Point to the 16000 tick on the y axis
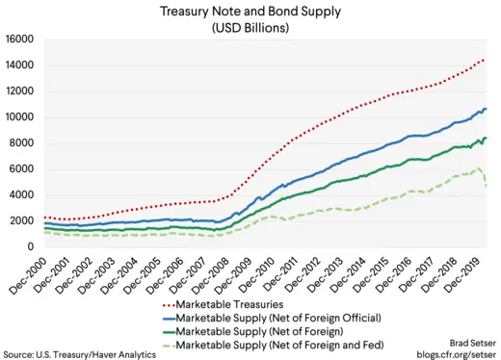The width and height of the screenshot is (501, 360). point(19,39)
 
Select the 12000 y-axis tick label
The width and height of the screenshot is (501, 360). point(19,91)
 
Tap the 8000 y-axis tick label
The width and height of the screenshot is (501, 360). point(22,143)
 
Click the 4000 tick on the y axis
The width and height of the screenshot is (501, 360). point(22,195)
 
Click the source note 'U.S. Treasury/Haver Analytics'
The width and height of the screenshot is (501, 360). point(79,352)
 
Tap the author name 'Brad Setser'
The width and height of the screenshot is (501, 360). point(468,341)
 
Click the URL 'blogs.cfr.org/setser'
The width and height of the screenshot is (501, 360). point(450,352)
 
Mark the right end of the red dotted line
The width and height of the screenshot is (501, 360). point(485,59)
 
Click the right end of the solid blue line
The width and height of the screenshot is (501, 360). point(487,109)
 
